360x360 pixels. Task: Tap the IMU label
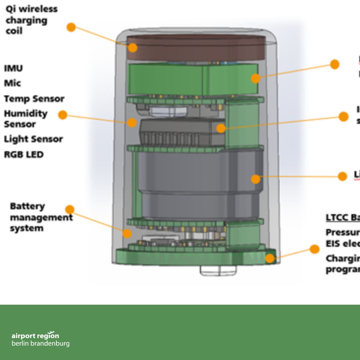[x=13, y=68]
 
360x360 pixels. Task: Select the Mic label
[x=13, y=83]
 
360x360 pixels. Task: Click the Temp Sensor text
[x=34, y=99]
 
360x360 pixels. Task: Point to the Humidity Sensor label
[x=25, y=119]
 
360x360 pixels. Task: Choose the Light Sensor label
[x=33, y=139]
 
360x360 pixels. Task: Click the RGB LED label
[x=24, y=154]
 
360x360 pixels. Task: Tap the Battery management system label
[x=41, y=217]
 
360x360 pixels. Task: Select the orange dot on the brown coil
[x=133, y=48]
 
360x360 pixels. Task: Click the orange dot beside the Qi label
[x=71, y=27]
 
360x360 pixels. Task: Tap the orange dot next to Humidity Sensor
[x=63, y=115]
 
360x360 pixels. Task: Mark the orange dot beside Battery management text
[x=70, y=209]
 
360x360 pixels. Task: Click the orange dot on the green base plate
[x=270, y=258]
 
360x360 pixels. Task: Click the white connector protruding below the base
[x=218, y=270]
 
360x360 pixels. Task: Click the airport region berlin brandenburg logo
[x=40, y=339]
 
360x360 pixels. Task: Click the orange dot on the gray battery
[x=255, y=179]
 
